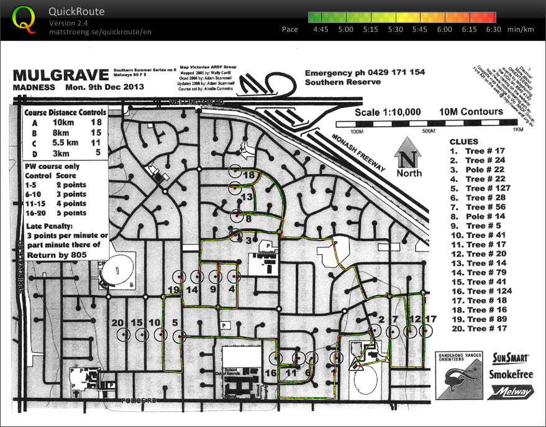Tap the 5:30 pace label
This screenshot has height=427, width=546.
click(x=395, y=29)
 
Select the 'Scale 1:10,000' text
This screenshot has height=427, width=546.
click(x=388, y=112)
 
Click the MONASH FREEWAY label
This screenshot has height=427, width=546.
click(x=358, y=153)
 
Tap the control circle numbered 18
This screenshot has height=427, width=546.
click(x=235, y=172)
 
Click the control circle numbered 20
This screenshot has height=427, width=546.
click(x=125, y=334)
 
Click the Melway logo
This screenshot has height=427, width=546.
click(x=512, y=392)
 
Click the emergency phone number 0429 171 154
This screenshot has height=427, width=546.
click(x=391, y=73)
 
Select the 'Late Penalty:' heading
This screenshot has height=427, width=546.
click(x=50, y=226)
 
